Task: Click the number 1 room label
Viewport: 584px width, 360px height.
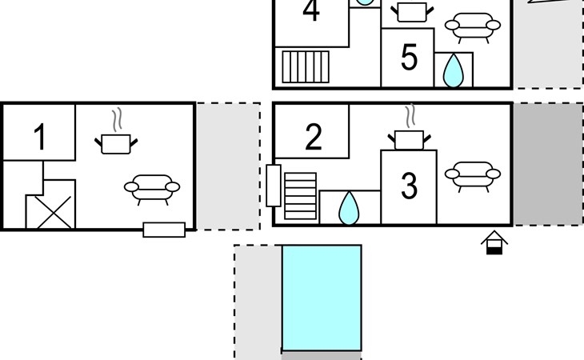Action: (x=39, y=137)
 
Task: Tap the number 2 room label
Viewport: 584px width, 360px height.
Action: (x=314, y=137)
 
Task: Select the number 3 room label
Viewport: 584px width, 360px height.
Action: (x=409, y=186)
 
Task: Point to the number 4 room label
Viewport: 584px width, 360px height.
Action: (x=311, y=10)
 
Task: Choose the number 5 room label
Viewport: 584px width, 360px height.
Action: (x=409, y=57)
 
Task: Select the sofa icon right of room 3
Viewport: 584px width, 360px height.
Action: (x=473, y=177)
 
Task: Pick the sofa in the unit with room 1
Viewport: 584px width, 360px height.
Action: (x=152, y=190)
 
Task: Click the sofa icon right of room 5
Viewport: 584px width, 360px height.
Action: (x=473, y=28)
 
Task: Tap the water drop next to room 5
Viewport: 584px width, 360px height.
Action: (x=454, y=71)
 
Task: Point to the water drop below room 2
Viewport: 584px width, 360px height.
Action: (x=349, y=209)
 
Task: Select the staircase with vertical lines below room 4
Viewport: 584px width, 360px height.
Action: (x=306, y=66)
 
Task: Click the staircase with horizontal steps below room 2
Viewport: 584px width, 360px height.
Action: (x=301, y=196)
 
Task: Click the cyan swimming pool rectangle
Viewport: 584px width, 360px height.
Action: (x=322, y=298)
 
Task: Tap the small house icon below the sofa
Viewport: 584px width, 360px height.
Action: (x=494, y=242)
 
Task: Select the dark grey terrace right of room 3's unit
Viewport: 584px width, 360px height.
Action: (x=548, y=164)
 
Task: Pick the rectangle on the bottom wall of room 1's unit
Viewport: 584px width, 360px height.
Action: (x=164, y=230)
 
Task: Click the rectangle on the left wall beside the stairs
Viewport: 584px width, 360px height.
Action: (x=274, y=186)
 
